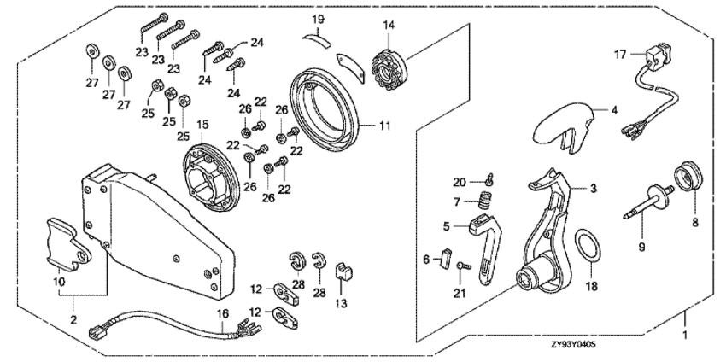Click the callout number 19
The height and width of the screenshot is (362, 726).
tap(318, 18)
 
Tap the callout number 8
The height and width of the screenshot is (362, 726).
tap(694, 222)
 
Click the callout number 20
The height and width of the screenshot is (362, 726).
tap(459, 181)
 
